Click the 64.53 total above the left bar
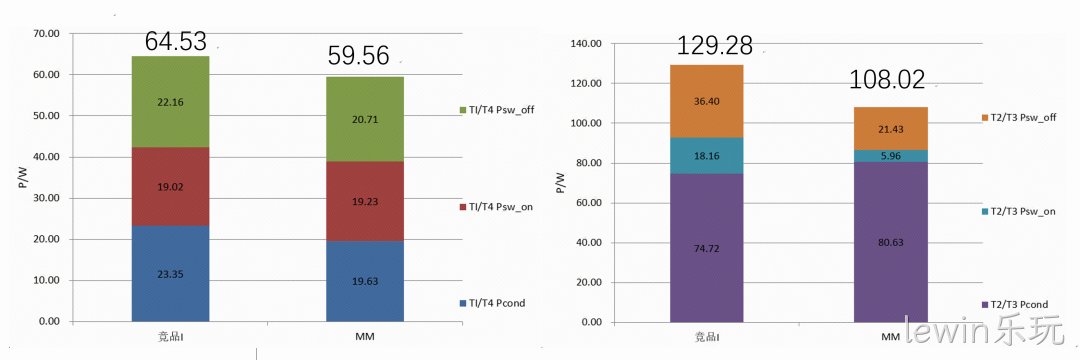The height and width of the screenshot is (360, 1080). click(x=176, y=41)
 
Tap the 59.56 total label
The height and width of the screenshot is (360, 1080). click(x=358, y=55)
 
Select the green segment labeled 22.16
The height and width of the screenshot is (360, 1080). click(x=170, y=102)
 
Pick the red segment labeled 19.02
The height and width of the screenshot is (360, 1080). click(x=170, y=187)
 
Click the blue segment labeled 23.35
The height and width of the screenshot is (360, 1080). click(x=170, y=274)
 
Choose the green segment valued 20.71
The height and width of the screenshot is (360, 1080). click(x=364, y=119)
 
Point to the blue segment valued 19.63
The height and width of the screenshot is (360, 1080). click(x=364, y=282)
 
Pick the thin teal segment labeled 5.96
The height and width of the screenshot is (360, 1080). click(x=891, y=156)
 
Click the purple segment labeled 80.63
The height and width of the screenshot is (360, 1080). click(x=891, y=242)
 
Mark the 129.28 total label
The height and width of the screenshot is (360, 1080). click(x=714, y=45)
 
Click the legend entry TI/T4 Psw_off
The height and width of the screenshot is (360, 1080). click(x=498, y=110)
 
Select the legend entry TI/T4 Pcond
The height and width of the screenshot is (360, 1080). click(x=492, y=303)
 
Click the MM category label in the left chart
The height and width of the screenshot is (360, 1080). click(x=364, y=338)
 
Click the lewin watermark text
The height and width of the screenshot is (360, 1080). click(x=955, y=331)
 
